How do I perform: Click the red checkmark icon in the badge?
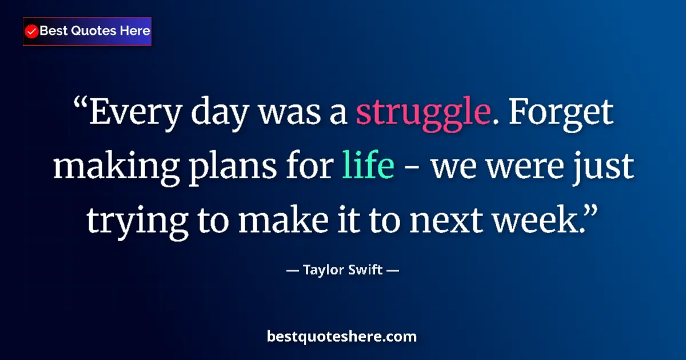(32, 31)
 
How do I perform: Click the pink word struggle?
(423, 113)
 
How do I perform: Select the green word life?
(368, 166)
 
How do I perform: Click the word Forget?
(561, 113)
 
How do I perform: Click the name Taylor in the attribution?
(324, 270)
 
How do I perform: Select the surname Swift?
(365, 270)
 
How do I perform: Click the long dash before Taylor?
(292, 270)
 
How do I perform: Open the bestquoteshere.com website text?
(342, 337)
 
